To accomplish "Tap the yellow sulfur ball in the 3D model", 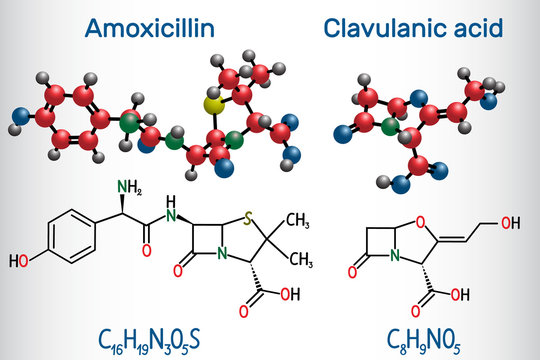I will pyautogui.click(x=212, y=105).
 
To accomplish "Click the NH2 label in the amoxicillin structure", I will pyautogui.click(x=100, y=186).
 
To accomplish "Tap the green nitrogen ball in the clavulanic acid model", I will pyautogui.click(x=388, y=127).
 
